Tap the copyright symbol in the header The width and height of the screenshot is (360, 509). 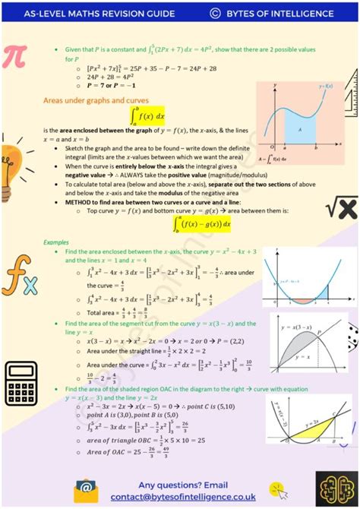tap(215, 13)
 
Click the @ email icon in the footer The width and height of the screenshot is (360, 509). tap(86, 488)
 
